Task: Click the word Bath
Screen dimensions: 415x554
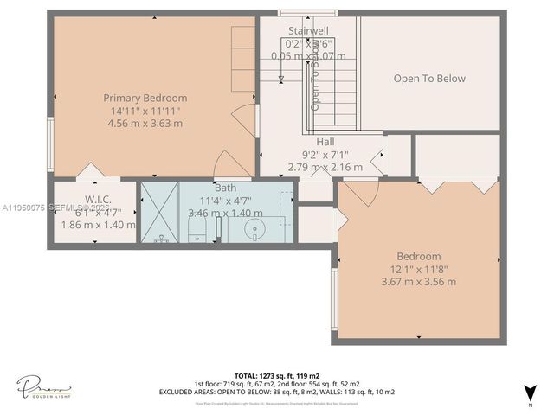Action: [x=225, y=188]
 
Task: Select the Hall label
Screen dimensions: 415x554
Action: [x=325, y=142]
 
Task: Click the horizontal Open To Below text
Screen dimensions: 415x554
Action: [x=429, y=79]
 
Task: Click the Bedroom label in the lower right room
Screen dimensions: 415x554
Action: [x=419, y=256]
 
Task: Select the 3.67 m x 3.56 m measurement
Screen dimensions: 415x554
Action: [x=419, y=281]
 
